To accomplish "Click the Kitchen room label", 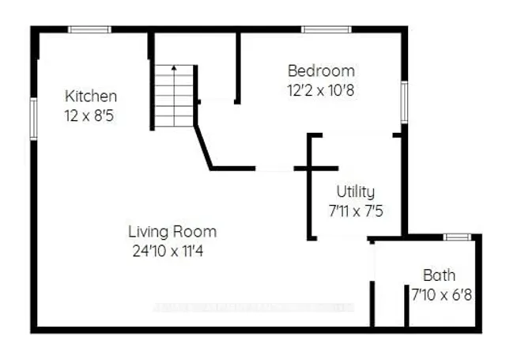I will point(91,96).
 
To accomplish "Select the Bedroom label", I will point(320,70).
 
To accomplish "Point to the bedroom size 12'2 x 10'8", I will point(320,89).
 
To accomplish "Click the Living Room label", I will point(172,232).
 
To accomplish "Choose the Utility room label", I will point(355,191).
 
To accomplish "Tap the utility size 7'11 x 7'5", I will point(355,210).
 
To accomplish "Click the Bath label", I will point(438,275).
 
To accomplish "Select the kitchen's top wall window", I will point(89,30).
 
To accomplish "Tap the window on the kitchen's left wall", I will point(34,119).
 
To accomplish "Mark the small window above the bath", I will point(456,237).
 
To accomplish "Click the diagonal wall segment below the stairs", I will point(203,146).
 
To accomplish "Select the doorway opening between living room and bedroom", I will point(274,169).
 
